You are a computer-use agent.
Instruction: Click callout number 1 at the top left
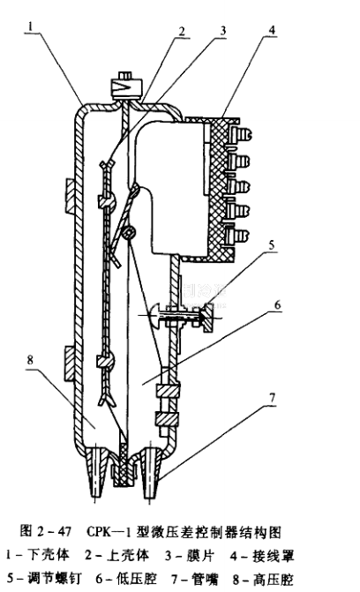coord(31,26)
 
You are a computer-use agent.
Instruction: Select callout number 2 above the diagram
coord(182,31)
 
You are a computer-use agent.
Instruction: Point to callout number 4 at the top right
coord(273,30)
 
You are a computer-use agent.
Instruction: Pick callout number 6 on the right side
coord(278,304)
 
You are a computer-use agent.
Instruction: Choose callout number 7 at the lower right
coord(272,398)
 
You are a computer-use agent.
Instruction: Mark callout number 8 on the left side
coord(30,359)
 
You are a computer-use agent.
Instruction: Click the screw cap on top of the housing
coord(125,86)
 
